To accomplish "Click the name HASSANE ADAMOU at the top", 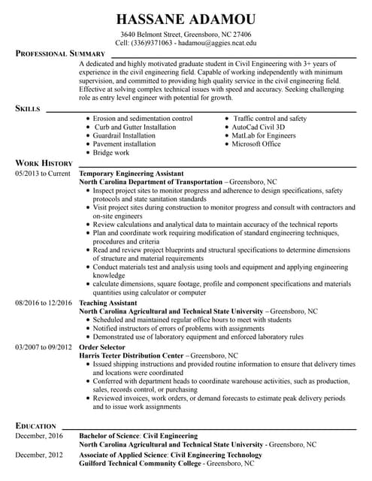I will (x=186, y=19).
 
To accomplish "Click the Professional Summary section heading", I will (x=61, y=54).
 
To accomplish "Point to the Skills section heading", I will (x=28, y=109).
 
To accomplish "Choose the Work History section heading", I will (x=44, y=163).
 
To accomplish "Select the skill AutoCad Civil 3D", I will (x=258, y=128).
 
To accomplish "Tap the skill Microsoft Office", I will (x=256, y=144).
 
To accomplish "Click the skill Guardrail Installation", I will (x=125, y=136).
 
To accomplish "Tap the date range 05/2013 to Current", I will (x=42, y=173).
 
